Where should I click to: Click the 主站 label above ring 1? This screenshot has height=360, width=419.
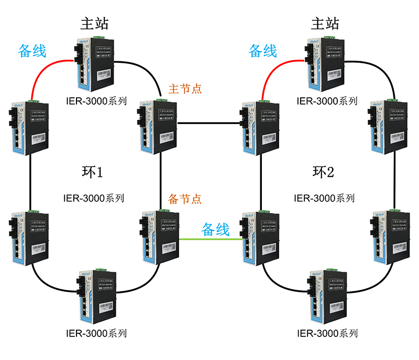[x=94, y=24]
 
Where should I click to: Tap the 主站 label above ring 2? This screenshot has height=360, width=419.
[x=325, y=24]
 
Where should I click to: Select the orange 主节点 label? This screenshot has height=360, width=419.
[x=185, y=89]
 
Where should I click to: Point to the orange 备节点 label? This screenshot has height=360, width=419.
[x=185, y=199]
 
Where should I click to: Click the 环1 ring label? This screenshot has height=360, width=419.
[x=94, y=172]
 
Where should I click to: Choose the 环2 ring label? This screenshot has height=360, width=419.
[x=324, y=172]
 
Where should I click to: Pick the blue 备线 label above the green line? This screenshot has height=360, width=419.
[x=215, y=229]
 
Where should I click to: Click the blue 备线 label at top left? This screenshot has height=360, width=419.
[x=32, y=51]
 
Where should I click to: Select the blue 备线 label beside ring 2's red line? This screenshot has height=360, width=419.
[x=262, y=51]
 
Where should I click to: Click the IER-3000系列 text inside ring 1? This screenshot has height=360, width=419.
[x=94, y=198]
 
